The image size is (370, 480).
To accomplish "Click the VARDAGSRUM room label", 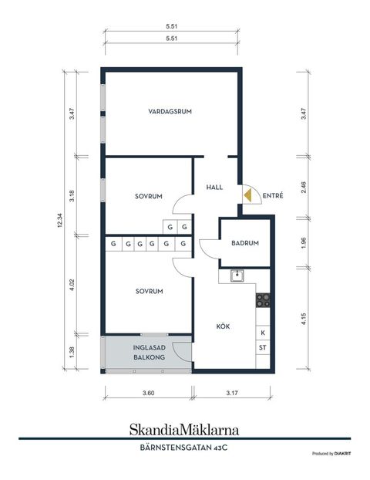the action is [170, 111].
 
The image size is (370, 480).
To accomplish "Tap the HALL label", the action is [214, 188].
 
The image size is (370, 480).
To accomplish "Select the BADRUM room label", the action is [245, 243].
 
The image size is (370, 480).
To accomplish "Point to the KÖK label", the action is [223, 326].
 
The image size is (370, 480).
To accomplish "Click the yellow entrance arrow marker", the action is [247, 195].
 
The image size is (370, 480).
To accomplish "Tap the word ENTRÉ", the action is [273, 195].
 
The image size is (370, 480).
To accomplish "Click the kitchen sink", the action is [237, 275].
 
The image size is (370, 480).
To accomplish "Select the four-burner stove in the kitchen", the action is [263, 300].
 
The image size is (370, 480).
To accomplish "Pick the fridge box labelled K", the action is [263, 333].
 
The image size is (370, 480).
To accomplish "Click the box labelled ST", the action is [263, 347].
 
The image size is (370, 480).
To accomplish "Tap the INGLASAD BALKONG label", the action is [150, 353].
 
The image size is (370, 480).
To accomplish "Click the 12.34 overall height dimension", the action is [59, 220].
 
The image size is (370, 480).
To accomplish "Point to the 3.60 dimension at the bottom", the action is [148, 393].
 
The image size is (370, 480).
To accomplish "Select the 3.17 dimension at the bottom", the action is [232, 393].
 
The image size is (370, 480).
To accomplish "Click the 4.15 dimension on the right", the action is [304, 319].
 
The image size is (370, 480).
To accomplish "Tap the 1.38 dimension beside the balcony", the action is [72, 352].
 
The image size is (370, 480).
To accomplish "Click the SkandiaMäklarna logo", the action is [184, 430].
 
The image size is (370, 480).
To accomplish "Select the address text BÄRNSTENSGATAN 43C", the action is [183, 448].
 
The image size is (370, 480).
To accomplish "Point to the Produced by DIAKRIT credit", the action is [331, 454].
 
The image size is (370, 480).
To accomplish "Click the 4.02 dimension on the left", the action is [72, 285].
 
